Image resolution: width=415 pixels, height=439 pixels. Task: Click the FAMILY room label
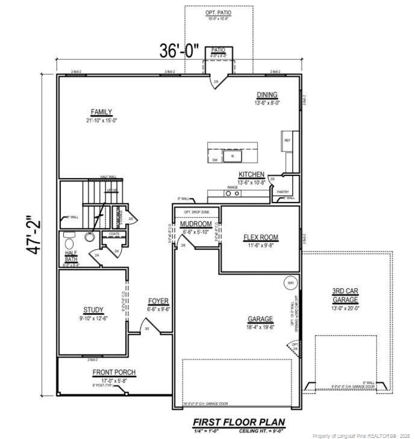pos(101,112)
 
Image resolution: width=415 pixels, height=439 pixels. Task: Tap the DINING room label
pos(267,95)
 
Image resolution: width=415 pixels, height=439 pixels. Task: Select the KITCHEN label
pos(251,174)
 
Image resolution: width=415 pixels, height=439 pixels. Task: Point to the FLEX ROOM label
pos(260,237)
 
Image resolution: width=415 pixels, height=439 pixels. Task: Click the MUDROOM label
pos(195,224)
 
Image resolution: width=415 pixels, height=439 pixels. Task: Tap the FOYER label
pos(159,301)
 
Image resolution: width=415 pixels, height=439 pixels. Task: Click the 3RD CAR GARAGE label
pos(346,295)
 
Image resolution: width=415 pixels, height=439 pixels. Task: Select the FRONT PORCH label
pos(114,372)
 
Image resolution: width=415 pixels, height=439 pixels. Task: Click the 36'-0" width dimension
pos(179,51)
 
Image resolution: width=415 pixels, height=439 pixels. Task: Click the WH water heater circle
pos(290,283)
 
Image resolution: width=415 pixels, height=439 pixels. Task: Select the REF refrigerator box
pos(287,141)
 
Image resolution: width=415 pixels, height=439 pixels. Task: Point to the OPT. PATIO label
pos(218,13)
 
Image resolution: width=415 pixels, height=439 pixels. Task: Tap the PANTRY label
pos(283,192)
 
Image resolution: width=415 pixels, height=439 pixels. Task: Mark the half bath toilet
pos(90,238)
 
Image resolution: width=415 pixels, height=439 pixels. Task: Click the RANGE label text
pos(232,188)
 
